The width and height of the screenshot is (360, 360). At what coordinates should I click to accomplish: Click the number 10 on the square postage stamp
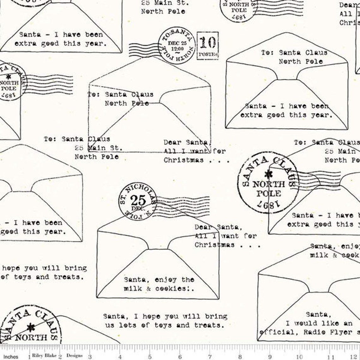(x=207, y=43)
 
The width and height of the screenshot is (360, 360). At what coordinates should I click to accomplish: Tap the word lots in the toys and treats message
(x=128, y=325)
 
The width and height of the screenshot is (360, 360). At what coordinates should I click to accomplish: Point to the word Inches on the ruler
(x=11, y=357)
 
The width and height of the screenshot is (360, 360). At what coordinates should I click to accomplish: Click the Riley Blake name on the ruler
(x=44, y=356)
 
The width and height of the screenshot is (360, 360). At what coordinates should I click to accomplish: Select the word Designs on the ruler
(x=75, y=356)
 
